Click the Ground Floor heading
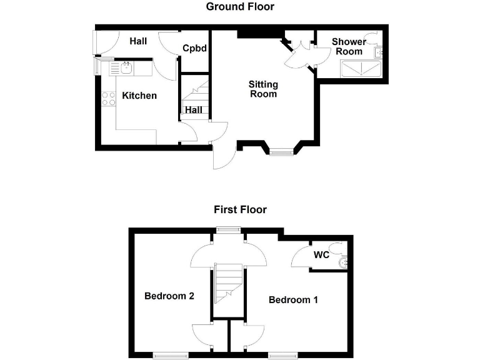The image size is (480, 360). coord(240,7)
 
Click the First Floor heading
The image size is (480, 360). coord(240,209)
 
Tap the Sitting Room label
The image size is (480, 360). coord(263,89)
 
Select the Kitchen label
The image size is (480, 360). coord(139,96)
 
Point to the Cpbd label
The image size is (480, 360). coord(194,48)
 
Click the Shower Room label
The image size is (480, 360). coord(349,46)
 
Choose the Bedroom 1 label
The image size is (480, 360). coord(293,300)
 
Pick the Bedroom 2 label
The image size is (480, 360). coord(169,296)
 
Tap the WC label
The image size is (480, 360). coord(321,255)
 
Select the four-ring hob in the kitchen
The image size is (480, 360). coord(108,98)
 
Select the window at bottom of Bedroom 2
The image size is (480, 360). coord(170,356)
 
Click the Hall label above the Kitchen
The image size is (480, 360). coord(138,41)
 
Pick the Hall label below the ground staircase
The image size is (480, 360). coord(193,110)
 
